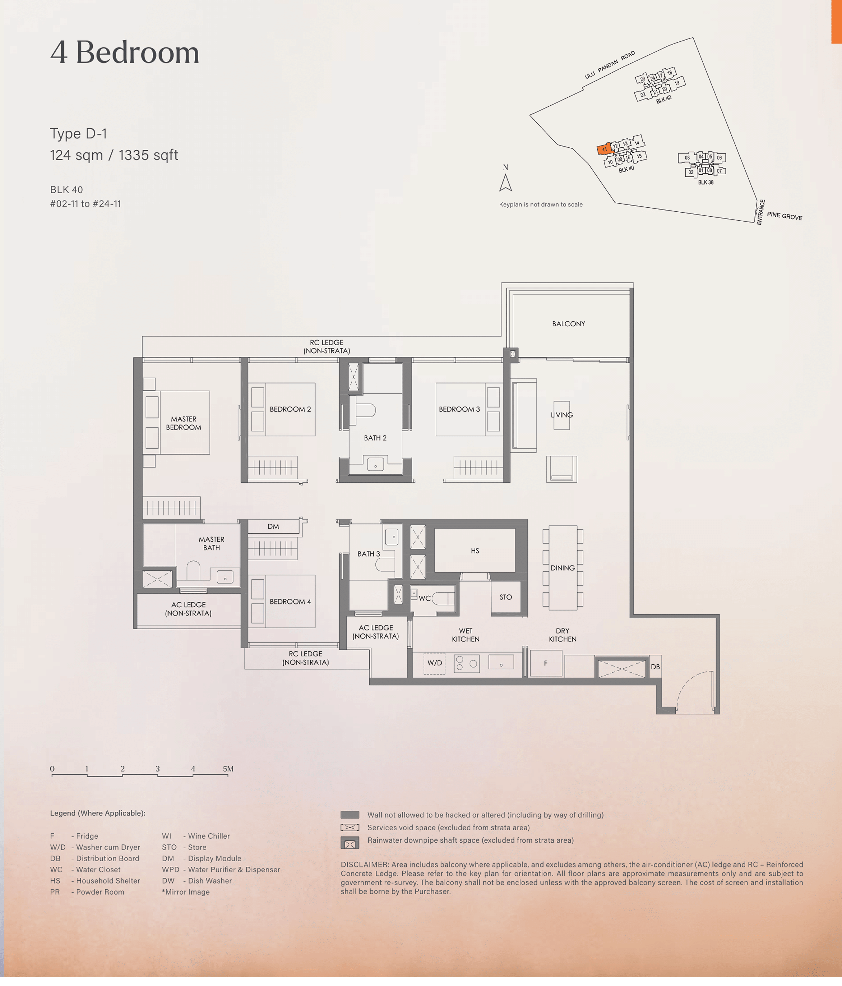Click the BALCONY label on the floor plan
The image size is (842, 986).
(569, 324)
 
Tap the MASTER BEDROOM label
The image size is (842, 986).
(184, 423)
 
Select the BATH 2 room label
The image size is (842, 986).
(375, 438)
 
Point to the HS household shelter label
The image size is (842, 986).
(475, 550)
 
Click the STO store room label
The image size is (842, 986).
(506, 597)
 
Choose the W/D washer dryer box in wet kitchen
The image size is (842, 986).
(434, 663)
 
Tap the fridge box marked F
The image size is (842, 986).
(546, 663)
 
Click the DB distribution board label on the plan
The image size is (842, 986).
(655, 667)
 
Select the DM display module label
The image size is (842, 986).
(273, 526)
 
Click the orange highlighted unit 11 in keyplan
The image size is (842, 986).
(604, 149)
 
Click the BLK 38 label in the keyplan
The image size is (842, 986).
(705, 182)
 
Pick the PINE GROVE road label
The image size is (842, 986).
(785, 216)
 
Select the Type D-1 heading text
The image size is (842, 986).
(79, 134)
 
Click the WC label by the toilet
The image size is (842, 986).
(425, 598)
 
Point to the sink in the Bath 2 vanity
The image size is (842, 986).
(375, 464)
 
